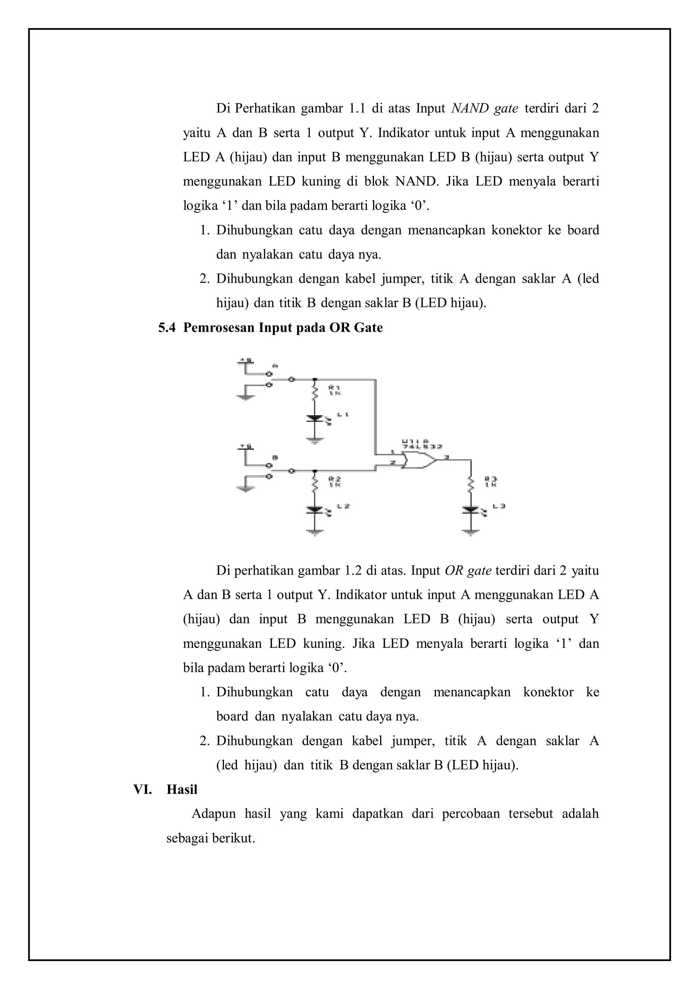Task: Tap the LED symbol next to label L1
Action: (x=315, y=418)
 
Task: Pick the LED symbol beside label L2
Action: (x=315, y=510)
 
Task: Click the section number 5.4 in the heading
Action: (x=167, y=328)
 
